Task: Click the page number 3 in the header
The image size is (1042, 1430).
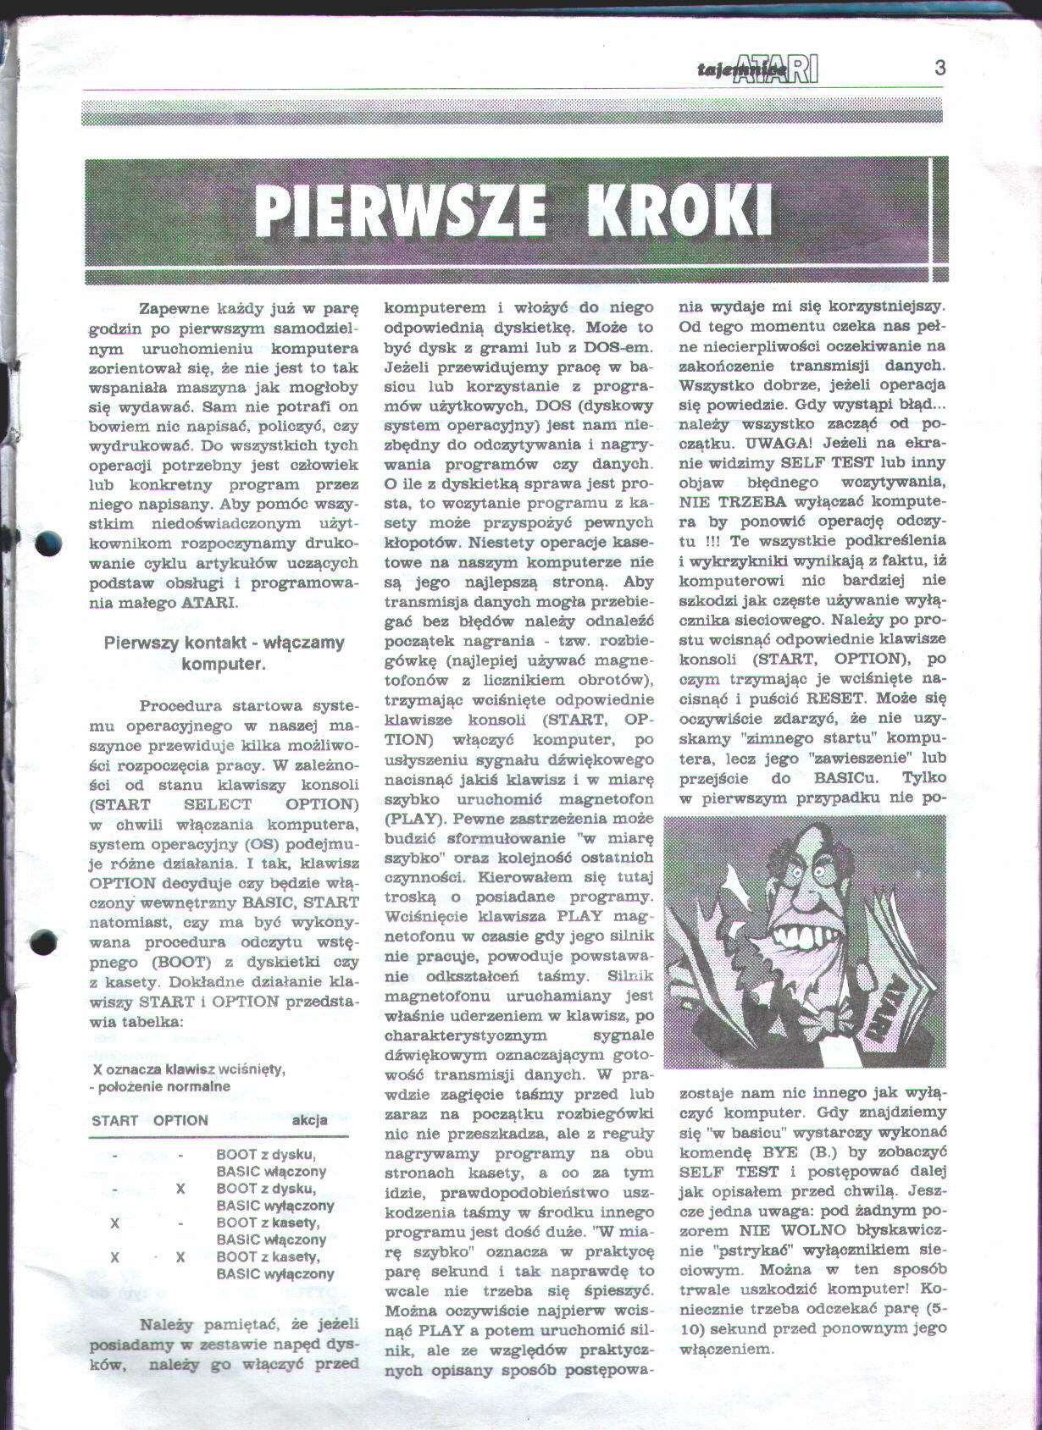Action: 939,69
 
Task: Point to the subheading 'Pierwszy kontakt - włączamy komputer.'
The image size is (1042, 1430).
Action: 224,653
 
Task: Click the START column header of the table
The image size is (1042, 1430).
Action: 114,1120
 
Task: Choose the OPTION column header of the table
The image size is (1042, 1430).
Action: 180,1120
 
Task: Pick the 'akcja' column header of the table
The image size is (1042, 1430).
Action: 309,1120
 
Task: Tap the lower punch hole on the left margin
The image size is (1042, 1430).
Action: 43,941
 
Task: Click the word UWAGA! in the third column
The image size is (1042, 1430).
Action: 768,442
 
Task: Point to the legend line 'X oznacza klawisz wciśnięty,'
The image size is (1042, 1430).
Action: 189,1068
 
